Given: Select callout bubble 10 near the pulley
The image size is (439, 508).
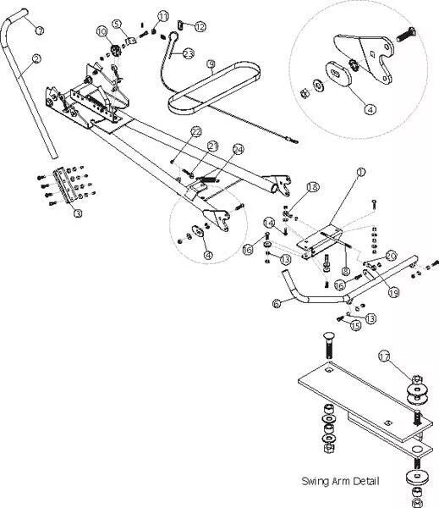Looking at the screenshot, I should pyautogui.click(x=102, y=31).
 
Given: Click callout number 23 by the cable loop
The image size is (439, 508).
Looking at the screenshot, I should pyautogui.click(x=188, y=53).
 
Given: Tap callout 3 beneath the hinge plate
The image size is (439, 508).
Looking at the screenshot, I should pyautogui.click(x=78, y=213).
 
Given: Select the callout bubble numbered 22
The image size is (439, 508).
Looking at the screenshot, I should pyautogui.click(x=195, y=132).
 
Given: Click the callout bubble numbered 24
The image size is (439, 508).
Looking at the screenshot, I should pyautogui.click(x=238, y=150).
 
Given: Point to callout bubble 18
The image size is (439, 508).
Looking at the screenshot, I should pyautogui.click(x=312, y=186).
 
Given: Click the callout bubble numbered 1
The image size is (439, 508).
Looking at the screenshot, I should pyautogui.click(x=361, y=172).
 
